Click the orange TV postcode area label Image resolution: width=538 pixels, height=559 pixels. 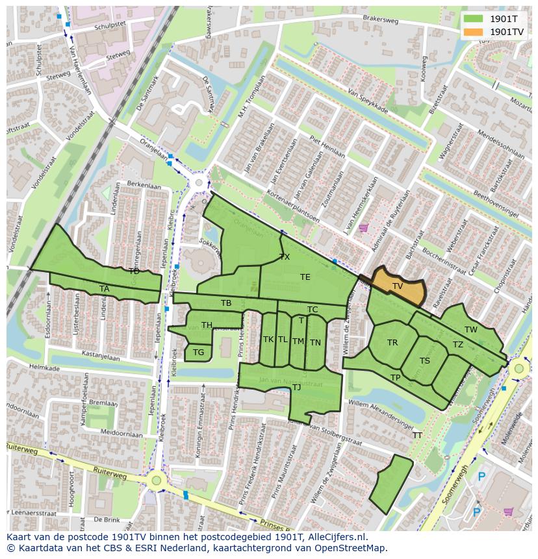tap(397, 286)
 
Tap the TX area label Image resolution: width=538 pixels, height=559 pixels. tap(285, 257)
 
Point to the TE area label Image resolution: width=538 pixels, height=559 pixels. tap(305, 277)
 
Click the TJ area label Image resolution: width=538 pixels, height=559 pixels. tap(296, 388)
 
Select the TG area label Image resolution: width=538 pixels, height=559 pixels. tap(198, 353)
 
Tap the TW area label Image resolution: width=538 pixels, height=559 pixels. tap(471, 330)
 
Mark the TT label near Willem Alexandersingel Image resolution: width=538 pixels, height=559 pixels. tap(417, 436)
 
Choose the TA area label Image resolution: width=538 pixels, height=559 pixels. tap(104, 289)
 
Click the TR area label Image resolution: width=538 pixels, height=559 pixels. tap(392, 343)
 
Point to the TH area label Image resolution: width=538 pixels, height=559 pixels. tap(207, 325)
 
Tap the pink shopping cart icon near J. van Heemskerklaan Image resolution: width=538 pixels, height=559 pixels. tap(363, 228)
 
